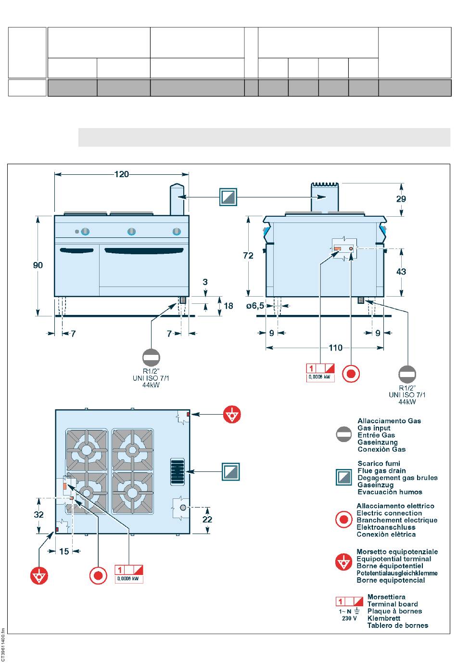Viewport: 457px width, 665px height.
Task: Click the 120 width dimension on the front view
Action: [x=122, y=174]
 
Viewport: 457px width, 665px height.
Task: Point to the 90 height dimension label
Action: [x=38, y=265]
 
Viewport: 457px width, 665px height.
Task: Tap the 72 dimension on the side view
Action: [x=248, y=256]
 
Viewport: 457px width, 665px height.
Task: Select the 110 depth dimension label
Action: [x=336, y=348]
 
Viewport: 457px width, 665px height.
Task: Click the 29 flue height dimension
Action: [x=401, y=198]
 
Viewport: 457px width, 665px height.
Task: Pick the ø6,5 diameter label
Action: [x=255, y=305]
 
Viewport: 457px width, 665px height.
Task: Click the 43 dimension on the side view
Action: [x=401, y=272]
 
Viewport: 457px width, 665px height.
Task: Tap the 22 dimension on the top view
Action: [x=207, y=520]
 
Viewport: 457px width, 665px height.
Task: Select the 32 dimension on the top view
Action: [x=38, y=514]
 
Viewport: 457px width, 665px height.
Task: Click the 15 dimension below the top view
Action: [x=64, y=551]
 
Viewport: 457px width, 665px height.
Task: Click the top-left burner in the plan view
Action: [x=87, y=450]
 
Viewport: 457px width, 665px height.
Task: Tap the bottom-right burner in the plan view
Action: [x=132, y=492]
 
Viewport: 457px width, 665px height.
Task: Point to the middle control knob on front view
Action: [x=131, y=232]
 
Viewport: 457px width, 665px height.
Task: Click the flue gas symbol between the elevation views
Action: [x=228, y=197]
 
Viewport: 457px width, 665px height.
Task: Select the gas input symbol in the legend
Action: [x=344, y=435]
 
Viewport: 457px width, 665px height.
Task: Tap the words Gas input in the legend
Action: [x=374, y=428]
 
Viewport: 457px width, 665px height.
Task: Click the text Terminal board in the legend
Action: [x=392, y=604]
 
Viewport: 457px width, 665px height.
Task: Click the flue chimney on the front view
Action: [x=177, y=198]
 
